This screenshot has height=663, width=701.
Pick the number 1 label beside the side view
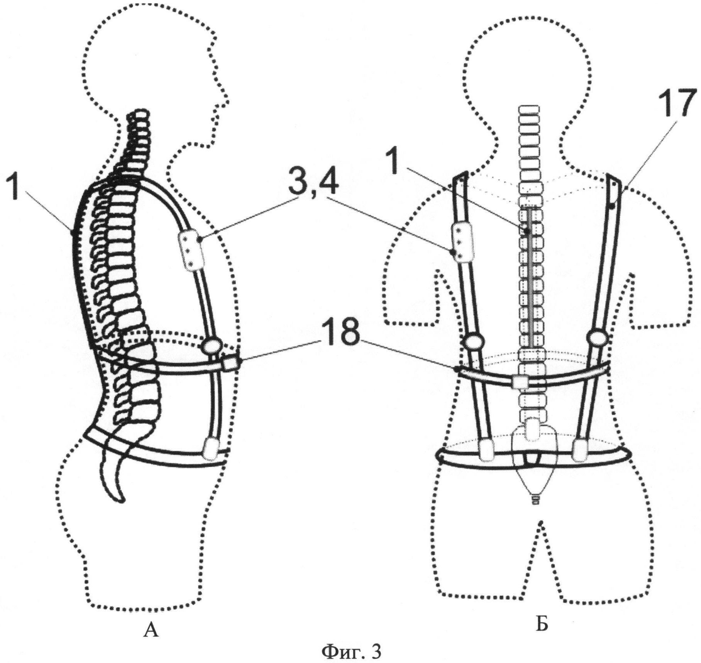point(14,188)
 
